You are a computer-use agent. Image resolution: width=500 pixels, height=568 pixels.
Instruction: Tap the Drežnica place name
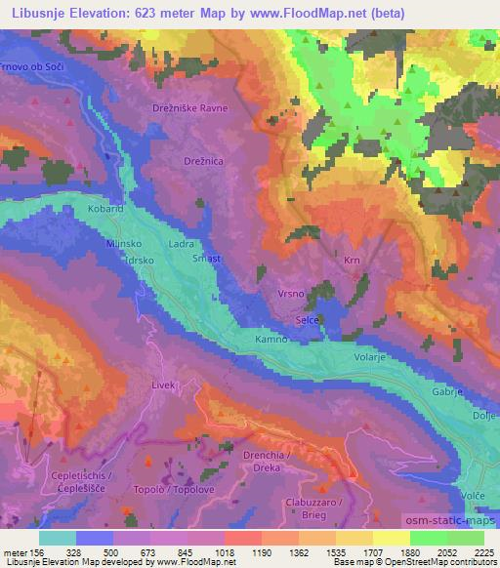[203, 158]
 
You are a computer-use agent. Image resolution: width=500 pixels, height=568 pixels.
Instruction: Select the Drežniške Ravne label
[189, 108]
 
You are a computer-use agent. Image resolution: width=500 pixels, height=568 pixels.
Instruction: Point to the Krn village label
[353, 261]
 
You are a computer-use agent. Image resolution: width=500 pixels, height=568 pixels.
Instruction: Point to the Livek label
[162, 385]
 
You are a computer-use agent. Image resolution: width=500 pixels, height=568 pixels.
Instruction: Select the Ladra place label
[181, 245]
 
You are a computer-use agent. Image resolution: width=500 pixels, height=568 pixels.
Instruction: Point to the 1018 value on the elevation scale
[225, 553]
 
